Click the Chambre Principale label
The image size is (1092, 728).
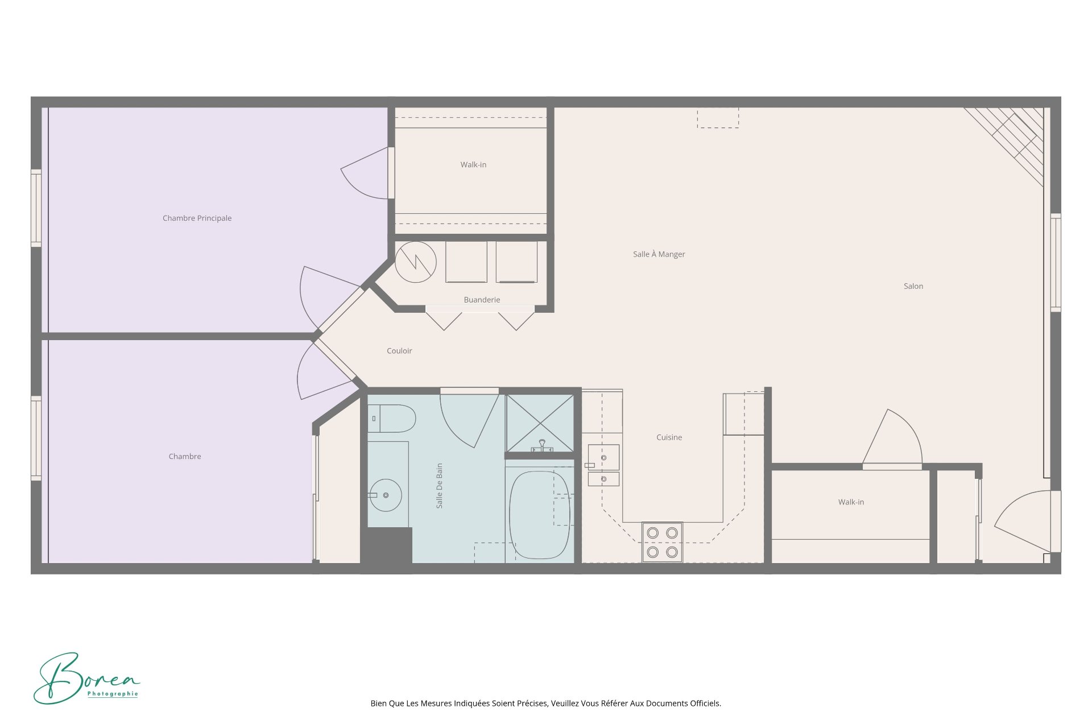point(197,218)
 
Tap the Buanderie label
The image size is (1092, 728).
point(482,300)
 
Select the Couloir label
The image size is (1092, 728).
point(399,351)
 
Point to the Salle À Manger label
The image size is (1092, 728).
point(659,254)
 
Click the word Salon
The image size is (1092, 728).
point(913,286)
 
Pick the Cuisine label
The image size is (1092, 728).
point(669,437)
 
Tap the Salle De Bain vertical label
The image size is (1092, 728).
point(439,486)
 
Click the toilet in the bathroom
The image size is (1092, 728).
point(392,419)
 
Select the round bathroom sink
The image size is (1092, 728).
point(386,495)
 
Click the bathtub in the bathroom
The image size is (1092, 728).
point(539,515)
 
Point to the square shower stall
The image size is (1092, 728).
point(539,424)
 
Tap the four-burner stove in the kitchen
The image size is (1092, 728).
point(662,542)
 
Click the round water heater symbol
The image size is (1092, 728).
point(416,262)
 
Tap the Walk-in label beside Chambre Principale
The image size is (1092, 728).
point(473,165)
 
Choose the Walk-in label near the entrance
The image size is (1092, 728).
point(851,502)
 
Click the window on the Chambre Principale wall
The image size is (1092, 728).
point(36,209)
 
